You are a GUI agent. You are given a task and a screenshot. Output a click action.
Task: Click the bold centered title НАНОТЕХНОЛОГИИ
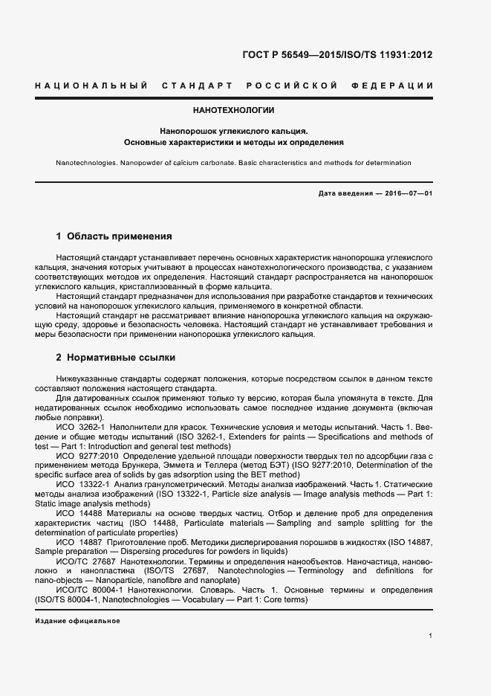pyautogui.click(x=233, y=110)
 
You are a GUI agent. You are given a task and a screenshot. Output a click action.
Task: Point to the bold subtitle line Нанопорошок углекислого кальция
pyautogui.click(x=233, y=129)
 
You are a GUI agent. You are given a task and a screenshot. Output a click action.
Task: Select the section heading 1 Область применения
pyautogui.click(x=114, y=236)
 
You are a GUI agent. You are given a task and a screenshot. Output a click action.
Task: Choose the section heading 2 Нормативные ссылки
pyautogui.click(x=115, y=358)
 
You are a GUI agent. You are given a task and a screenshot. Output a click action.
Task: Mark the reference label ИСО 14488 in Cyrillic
pyautogui.click(x=79, y=514)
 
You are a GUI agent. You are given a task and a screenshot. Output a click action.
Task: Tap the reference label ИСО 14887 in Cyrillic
pyautogui.click(x=79, y=543)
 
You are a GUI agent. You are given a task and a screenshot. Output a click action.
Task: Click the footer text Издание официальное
pyautogui.click(x=77, y=621)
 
